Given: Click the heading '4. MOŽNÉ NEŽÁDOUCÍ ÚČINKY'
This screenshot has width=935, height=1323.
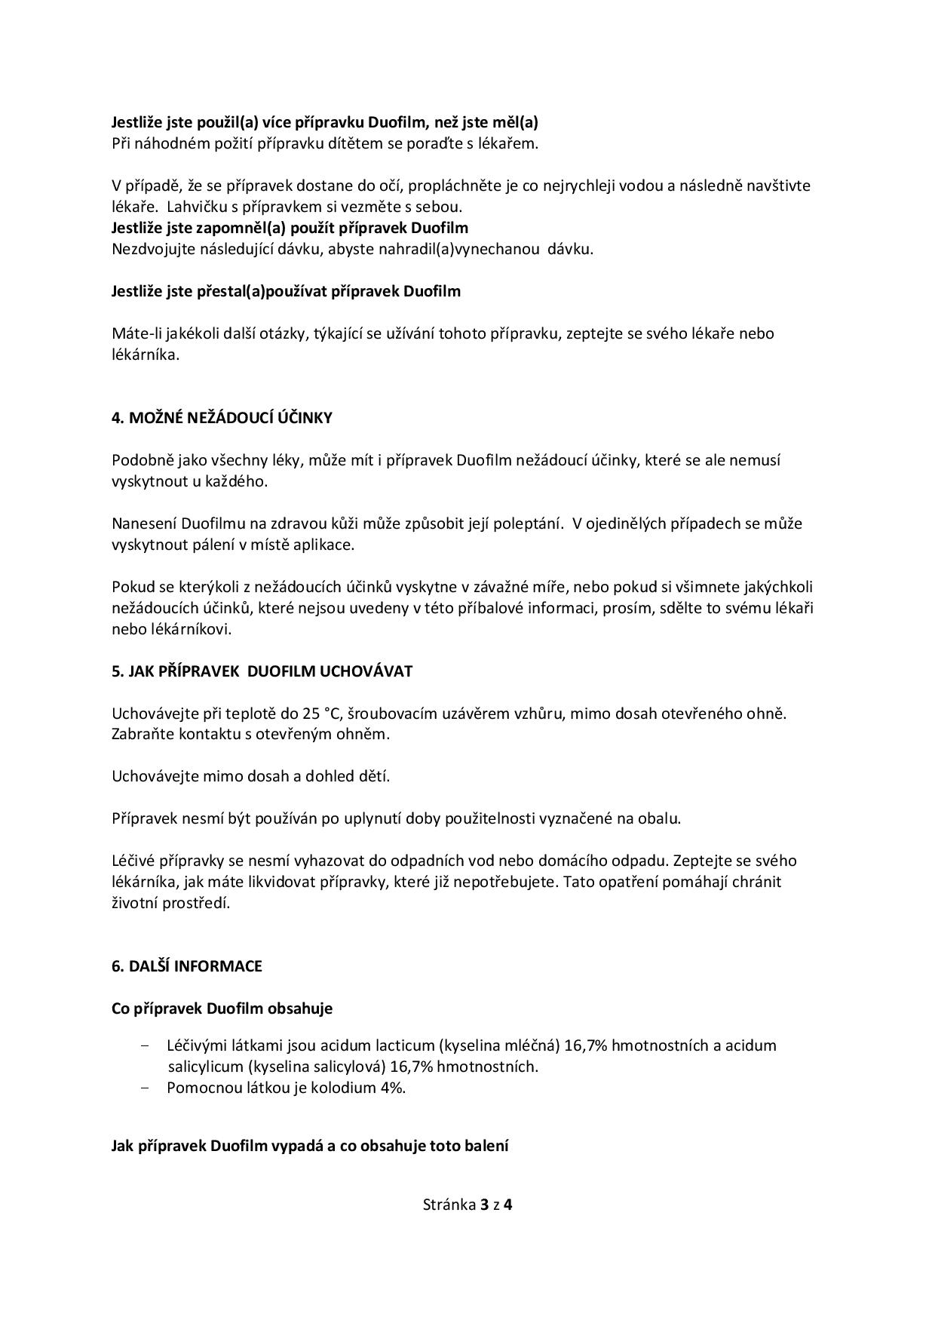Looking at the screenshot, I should click(x=222, y=418).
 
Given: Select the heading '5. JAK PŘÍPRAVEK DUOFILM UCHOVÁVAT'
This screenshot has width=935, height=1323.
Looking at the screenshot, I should click(x=262, y=671).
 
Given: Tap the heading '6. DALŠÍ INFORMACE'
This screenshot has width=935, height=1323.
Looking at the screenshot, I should click(x=186, y=966).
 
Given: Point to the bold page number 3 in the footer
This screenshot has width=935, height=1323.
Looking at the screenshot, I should click(x=483, y=1205).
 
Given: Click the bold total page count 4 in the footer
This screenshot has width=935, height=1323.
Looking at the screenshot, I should click(x=508, y=1205).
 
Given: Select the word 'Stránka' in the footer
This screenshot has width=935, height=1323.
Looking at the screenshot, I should click(x=449, y=1205).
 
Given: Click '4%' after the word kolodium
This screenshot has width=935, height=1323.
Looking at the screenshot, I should click(x=393, y=1088).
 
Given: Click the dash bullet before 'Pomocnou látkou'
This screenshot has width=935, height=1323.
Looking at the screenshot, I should click(x=146, y=1088).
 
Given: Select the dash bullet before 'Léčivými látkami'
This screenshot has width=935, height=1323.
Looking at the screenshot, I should click(x=146, y=1045).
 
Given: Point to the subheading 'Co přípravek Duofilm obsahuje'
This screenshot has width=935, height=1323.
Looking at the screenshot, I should click(x=222, y=1008).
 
